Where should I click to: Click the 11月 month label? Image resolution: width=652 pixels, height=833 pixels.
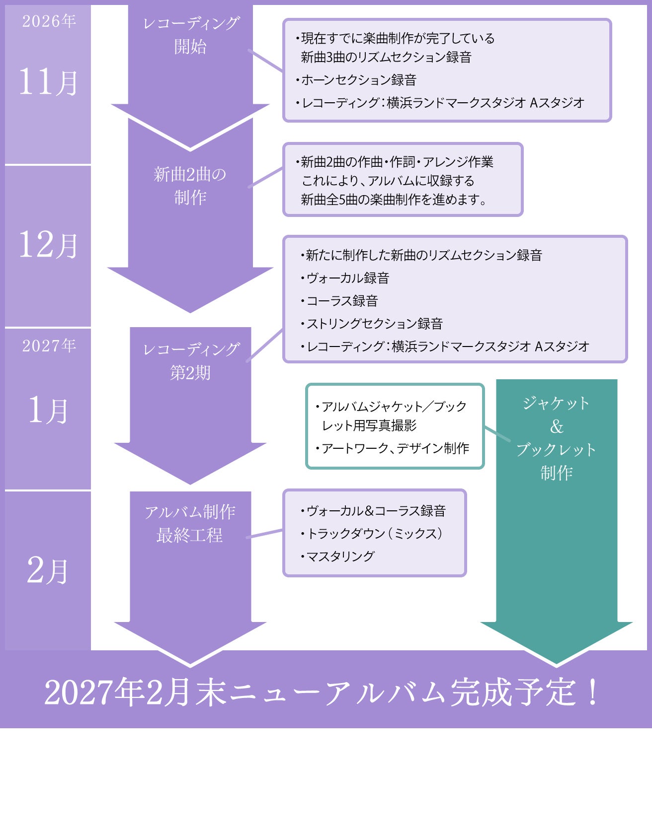(48, 81)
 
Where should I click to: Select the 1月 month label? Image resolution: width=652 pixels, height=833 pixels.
(48, 410)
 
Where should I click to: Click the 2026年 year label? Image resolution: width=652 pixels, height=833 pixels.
(49, 21)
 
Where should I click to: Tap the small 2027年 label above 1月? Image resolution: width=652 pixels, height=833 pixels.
(49, 346)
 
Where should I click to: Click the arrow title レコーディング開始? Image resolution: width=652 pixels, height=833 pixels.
(191, 35)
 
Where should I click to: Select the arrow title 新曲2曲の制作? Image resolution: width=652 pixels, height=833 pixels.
(190, 186)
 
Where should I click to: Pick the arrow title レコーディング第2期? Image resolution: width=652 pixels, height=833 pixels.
(191, 361)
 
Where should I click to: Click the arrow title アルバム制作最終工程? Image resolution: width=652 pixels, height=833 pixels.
(190, 523)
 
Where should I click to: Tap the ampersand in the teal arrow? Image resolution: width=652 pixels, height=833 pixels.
(557, 426)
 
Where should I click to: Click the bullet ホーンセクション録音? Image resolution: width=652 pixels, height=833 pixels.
(356, 80)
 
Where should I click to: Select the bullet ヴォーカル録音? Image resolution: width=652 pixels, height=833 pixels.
(344, 278)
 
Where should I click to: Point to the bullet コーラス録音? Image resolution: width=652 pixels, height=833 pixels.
(339, 301)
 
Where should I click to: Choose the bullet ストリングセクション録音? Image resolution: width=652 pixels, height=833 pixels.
(371, 324)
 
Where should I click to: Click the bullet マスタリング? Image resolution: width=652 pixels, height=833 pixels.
(337, 556)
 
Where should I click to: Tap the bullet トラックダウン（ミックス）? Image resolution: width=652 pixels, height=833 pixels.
(372, 533)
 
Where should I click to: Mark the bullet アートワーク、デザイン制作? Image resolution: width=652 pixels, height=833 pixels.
(392, 448)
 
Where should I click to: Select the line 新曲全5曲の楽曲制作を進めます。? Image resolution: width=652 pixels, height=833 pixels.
(394, 200)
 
